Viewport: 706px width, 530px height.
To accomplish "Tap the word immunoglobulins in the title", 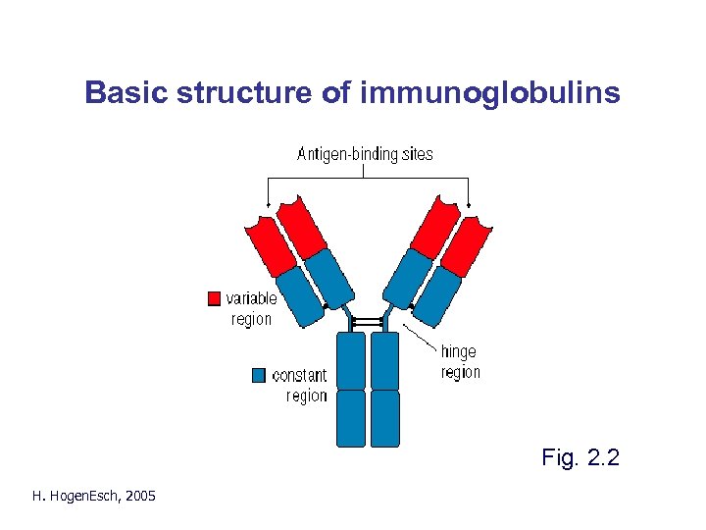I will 490,94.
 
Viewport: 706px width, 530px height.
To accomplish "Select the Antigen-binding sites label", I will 365,153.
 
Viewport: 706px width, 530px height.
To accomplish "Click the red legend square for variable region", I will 214,298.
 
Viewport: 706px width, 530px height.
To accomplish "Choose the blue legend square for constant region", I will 259,374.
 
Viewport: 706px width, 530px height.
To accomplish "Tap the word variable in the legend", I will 251,298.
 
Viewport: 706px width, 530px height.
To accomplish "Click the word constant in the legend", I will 299,375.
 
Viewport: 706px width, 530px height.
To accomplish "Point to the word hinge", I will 458,351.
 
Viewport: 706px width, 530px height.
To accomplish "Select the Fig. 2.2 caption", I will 580,456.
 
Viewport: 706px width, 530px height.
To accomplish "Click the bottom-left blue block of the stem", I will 351,418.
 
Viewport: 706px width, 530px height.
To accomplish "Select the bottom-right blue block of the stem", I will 385,418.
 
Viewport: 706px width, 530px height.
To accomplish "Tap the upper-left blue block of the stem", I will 351,360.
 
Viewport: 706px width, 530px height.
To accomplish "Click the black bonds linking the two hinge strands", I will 368,322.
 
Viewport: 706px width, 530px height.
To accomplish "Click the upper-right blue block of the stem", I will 385,360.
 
